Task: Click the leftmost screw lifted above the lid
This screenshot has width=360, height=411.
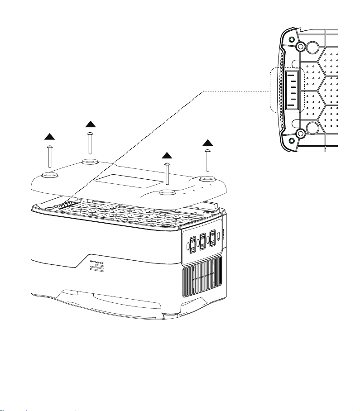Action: coord(49,156)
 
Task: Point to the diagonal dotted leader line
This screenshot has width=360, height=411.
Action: coord(136,146)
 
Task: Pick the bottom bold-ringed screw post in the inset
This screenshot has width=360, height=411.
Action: coord(299,134)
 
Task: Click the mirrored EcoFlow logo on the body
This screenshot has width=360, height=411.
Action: coord(97,262)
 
